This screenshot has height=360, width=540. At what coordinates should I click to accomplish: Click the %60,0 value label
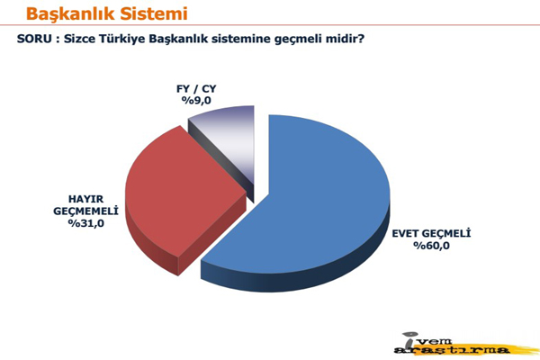click(x=431, y=246)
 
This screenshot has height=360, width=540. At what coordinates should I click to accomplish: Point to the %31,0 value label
click(x=85, y=223)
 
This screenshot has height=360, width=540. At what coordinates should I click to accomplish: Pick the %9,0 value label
click(x=196, y=101)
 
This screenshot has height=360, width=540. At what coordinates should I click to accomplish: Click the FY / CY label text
click(x=196, y=89)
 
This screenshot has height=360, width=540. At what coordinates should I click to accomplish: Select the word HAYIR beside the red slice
click(x=85, y=199)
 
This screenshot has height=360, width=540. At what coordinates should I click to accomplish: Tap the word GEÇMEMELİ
click(x=85, y=211)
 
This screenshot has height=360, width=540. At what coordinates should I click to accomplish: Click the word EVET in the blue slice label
click(x=405, y=234)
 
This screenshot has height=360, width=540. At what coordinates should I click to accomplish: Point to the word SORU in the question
click(x=34, y=39)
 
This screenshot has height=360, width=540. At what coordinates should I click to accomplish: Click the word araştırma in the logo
click(x=452, y=351)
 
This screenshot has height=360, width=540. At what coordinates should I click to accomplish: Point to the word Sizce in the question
click(x=79, y=39)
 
